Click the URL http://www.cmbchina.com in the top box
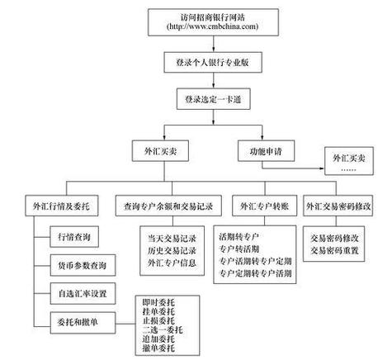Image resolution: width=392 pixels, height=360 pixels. [x=213, y=26]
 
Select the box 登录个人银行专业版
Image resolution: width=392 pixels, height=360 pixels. [x=213, y=63]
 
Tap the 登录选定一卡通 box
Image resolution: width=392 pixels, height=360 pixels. [x=213, y=100]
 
